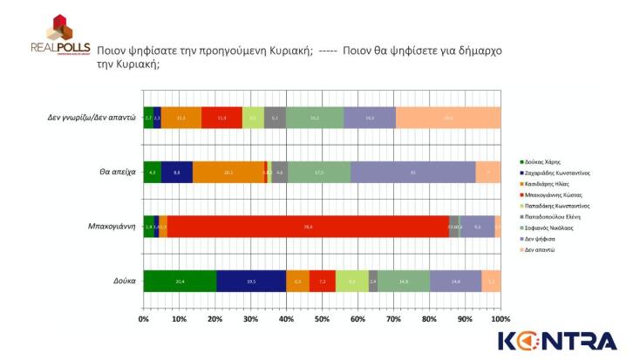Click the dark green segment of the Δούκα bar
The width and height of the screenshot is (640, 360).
pos(180,281)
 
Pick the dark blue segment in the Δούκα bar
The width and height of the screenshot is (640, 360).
pos(251,281)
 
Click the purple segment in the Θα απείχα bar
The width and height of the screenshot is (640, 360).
pos(412,173)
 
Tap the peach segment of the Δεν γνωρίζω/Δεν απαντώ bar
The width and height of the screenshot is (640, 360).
pos(448,118)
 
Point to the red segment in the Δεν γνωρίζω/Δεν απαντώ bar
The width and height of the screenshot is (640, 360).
pos(221,118)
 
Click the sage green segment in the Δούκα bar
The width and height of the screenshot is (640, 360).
pos(404,281)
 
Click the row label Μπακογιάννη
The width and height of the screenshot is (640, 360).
pos(111,227)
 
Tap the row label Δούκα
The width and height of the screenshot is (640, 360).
pos(123,281)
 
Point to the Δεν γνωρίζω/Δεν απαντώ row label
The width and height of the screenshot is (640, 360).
pos(92,118)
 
